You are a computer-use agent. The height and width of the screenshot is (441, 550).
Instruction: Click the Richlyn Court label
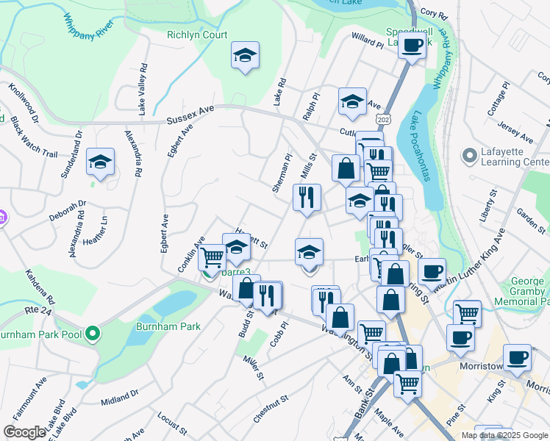click(197, 35)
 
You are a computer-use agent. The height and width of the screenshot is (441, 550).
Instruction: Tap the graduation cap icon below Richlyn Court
click(246, 56)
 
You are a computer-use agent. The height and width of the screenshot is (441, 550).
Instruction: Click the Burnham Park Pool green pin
click(92, 334)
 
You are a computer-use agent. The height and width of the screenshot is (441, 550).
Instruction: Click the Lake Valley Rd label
click(142, 89)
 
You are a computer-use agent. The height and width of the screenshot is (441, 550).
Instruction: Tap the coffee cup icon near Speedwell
click(413, 46)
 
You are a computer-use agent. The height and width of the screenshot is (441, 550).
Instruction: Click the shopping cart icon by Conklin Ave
click(212, 257)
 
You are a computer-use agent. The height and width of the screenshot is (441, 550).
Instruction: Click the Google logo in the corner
click(24, 432)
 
